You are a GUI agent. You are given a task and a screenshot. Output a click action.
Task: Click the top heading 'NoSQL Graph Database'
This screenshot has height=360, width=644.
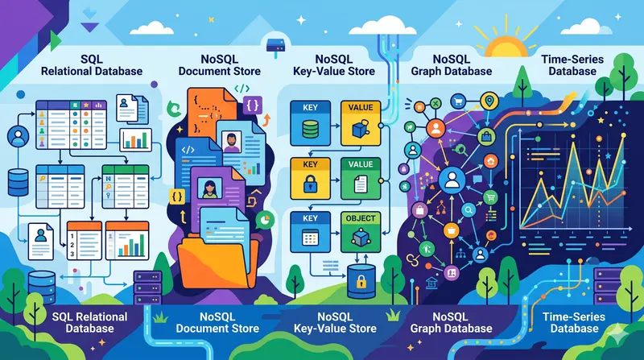(451, 64)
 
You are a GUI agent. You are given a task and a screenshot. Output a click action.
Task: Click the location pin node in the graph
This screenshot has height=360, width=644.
(488, 101)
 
